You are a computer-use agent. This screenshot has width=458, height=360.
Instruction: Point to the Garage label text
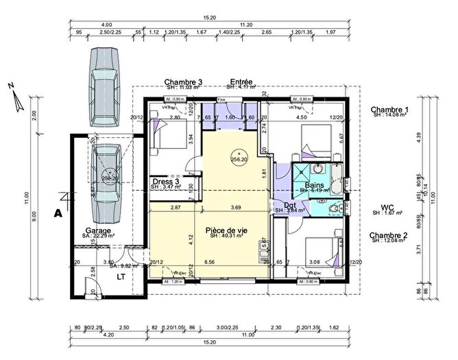pyautogui.click(x=99, y=230)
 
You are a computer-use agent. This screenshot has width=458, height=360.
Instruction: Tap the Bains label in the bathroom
pyautogui.click(x=314, y=185)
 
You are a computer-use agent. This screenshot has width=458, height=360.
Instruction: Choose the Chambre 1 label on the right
pyautogui.click(x=389, y=110)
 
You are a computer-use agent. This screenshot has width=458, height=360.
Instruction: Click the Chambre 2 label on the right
pyautogui.click(x=389, y=235)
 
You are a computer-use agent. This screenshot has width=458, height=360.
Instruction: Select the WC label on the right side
pyautogui.click(x=389, y=207)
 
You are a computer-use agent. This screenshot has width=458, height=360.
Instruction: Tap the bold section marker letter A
pyautogui.click(x=59, y=213)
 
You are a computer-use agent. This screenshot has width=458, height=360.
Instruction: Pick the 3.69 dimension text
pyautogui.click(x=236, y=207)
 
